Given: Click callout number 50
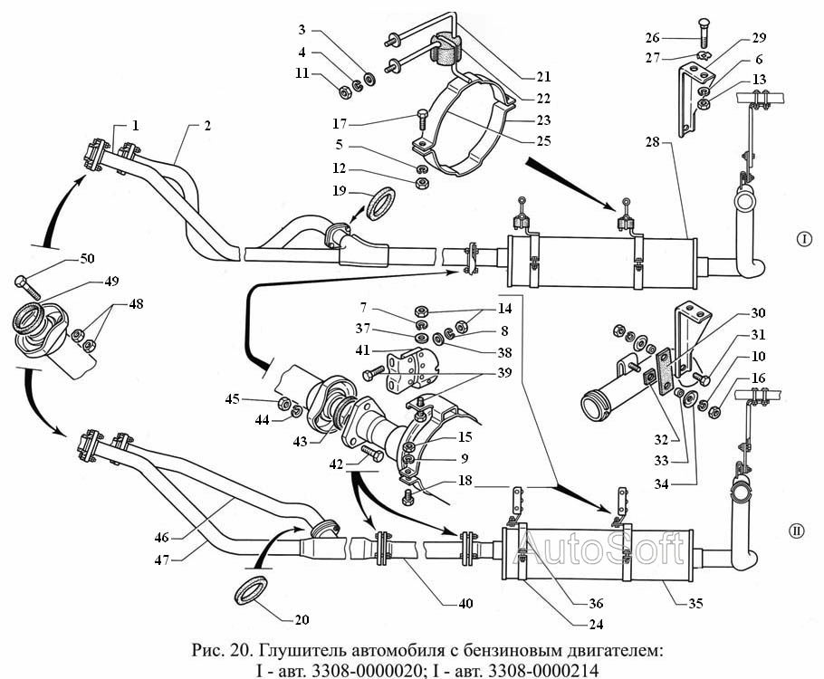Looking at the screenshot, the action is (x=87, y=259).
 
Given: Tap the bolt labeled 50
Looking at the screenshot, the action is (x=27, y=286).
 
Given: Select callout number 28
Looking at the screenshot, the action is (x=653, y=142).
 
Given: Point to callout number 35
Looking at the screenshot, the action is (x=695, y=603).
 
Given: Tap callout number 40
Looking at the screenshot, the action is (x=465, y=603).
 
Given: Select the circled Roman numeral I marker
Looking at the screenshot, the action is (x=804, y=239).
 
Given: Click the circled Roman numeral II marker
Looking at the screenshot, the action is (x=797, y=531).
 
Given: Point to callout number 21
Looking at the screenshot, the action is (x=543, y=77).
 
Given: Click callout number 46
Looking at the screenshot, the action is (x=162, y=537).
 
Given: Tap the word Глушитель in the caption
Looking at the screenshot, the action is (x=302, y=651).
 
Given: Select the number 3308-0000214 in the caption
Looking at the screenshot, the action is (x=543, y=671).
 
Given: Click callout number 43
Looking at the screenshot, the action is (x=300, y=441).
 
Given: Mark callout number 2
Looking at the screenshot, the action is (x=207, y=126).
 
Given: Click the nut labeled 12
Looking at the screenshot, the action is (x=421, y=184).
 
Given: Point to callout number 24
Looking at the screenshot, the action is (x=596, y=625).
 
